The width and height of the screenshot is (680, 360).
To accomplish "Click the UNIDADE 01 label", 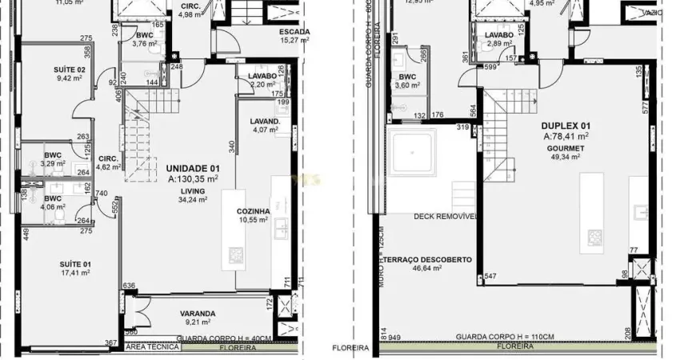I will coord(192,169).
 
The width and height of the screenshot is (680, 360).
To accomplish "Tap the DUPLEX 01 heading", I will coord(566,126).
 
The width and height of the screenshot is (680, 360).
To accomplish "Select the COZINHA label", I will coord(253,211).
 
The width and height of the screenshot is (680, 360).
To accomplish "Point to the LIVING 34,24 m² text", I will coord(193,195).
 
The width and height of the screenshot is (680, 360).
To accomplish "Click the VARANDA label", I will coord(198,314).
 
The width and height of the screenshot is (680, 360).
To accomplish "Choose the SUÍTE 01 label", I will coord(74,264).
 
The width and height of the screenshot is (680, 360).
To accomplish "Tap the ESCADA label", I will coord(294,33).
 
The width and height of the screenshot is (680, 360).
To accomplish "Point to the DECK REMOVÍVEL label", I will coord(445,217).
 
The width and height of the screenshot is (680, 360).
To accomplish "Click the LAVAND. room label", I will coord(266,122).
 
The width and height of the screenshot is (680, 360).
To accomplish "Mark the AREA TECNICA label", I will coord(145,347).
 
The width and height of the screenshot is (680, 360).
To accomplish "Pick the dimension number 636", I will coord(130,285).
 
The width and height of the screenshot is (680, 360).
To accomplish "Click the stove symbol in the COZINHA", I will coord(236,255).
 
